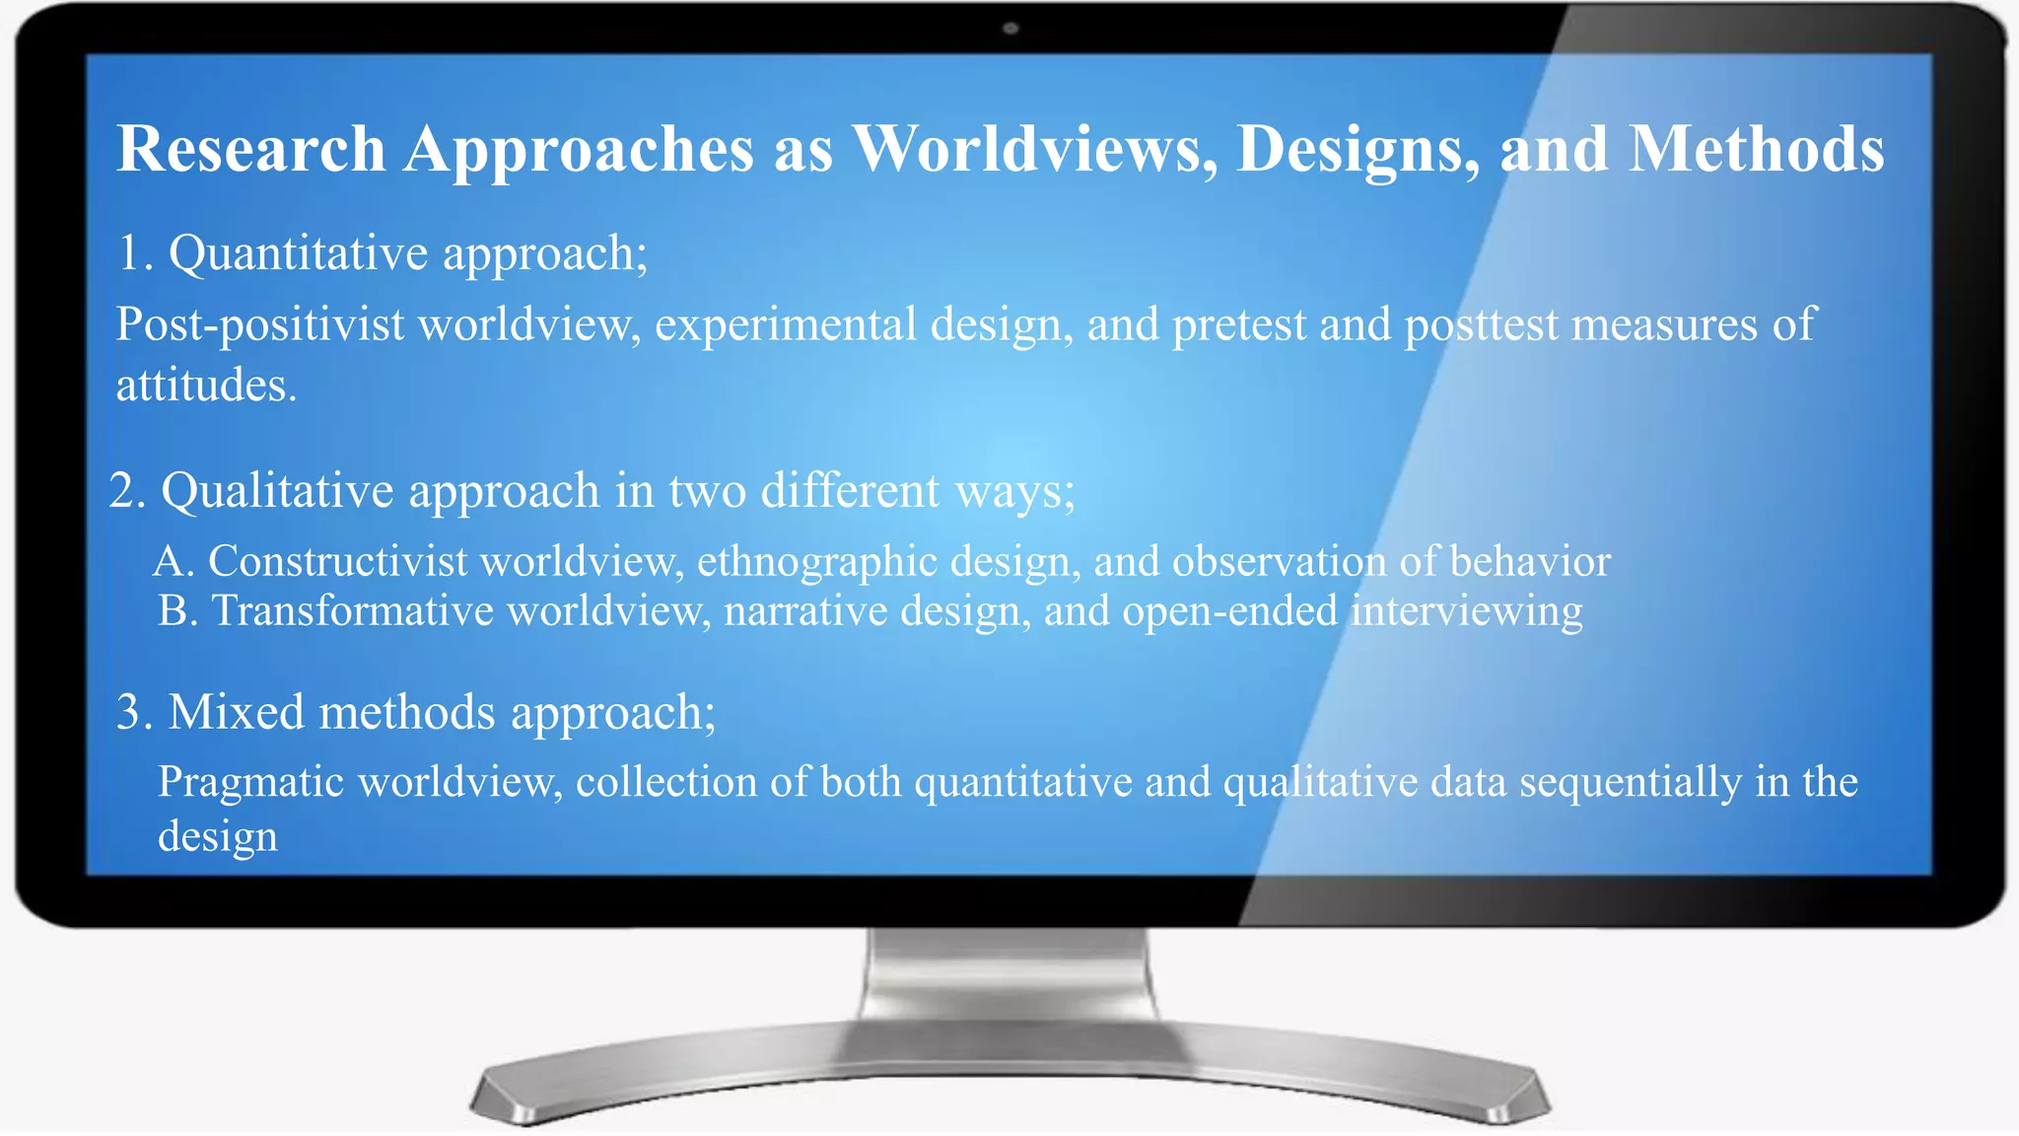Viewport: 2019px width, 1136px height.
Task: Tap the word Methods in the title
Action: [x=1756, y=150]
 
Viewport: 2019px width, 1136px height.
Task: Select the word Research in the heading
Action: [x=251, y=150]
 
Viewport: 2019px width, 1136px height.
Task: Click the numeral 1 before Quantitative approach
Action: [x=130, y=252]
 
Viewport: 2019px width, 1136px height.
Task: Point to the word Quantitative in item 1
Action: [x=299, y=252]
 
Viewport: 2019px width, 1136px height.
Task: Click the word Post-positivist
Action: [x=259, y=324]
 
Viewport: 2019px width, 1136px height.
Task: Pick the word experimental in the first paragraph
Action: [x=786, y=324]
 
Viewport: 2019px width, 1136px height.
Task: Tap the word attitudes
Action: [x=205, y=385]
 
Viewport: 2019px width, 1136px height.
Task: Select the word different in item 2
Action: [x=850, y=490]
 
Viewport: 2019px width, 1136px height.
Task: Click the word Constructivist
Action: [x=337, y=561]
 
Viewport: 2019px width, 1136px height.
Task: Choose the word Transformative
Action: [x=352, y=610]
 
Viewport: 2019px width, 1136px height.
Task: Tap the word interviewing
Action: [x=1466, y=610]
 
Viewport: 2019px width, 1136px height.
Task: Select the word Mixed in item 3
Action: [x=236, y=712]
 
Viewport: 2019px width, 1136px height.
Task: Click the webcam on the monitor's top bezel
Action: [x=1009, y=29]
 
